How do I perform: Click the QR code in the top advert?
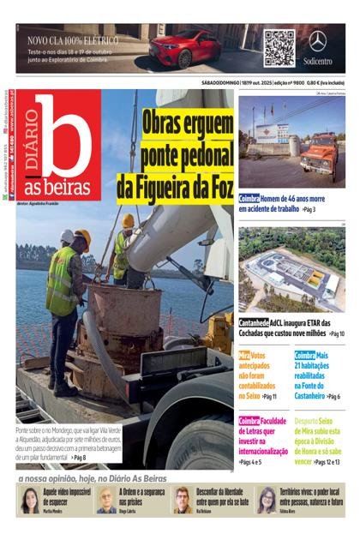point(279,47)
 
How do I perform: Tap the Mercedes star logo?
point(318,40)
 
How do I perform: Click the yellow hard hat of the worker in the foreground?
point(82,237)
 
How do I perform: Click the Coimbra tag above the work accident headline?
point(249,198)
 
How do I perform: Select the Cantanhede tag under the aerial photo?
point(255,323)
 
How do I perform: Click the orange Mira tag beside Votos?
point(244,355)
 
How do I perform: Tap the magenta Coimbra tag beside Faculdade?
point(249,420)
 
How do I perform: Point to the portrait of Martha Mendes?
point(29,499)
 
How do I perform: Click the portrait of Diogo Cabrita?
point(106,499)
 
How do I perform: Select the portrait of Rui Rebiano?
point(183,499)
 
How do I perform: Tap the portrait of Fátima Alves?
point(266,499)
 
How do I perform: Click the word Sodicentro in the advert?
point(318,61)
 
